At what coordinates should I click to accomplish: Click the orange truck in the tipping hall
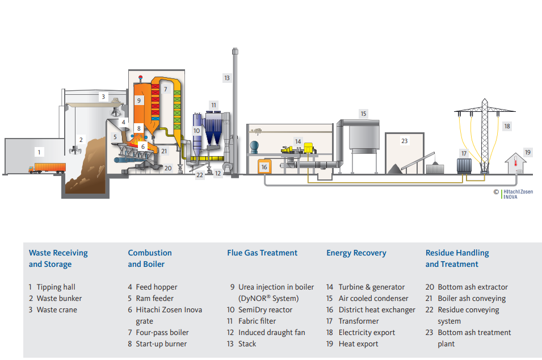pyautogui.click(x=48, y=168)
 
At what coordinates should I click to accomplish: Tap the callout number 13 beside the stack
pyautogui.click(x=227, y=78)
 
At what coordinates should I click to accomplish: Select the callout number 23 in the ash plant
pyautogui.click(x=404, y=141)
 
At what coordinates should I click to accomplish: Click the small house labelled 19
pyautogui.click(x=516, y=164)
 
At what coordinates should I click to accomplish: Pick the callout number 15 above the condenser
pyautogui.click(x=363, y=114)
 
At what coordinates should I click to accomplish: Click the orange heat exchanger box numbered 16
pyautogui.click(x=264, y=167)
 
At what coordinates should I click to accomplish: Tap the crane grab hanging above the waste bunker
pyautogui.click(x=75, y=150)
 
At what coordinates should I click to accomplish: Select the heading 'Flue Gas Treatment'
pyautogui.click(x=262, y=253)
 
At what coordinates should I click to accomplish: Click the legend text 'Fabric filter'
pyautogui.click(x=257, y=321)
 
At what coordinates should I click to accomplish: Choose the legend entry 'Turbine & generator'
pyautogui.click(x=372, y=287)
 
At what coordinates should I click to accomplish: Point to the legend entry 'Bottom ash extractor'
pyautogui.click(x=473, y=287)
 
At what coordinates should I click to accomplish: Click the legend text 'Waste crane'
pyautogui.click(x=57, y=309)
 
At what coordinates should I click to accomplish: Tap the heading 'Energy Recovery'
pyautogui.click(x=356, y=253)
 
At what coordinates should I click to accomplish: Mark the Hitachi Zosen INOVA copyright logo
pyautogui.click(x=514, y=194)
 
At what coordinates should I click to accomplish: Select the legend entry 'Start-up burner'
pyautogui.click(x=161, y=344)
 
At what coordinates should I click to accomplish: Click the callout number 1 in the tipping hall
pyautogui.click(x=39, y=152)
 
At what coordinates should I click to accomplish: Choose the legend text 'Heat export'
pyautogui.click(x=358, y=344)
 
